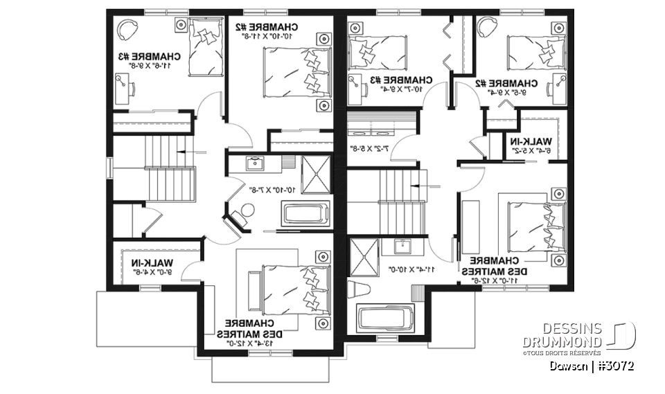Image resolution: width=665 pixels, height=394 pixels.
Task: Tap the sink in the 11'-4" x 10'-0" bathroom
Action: point(402,247)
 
